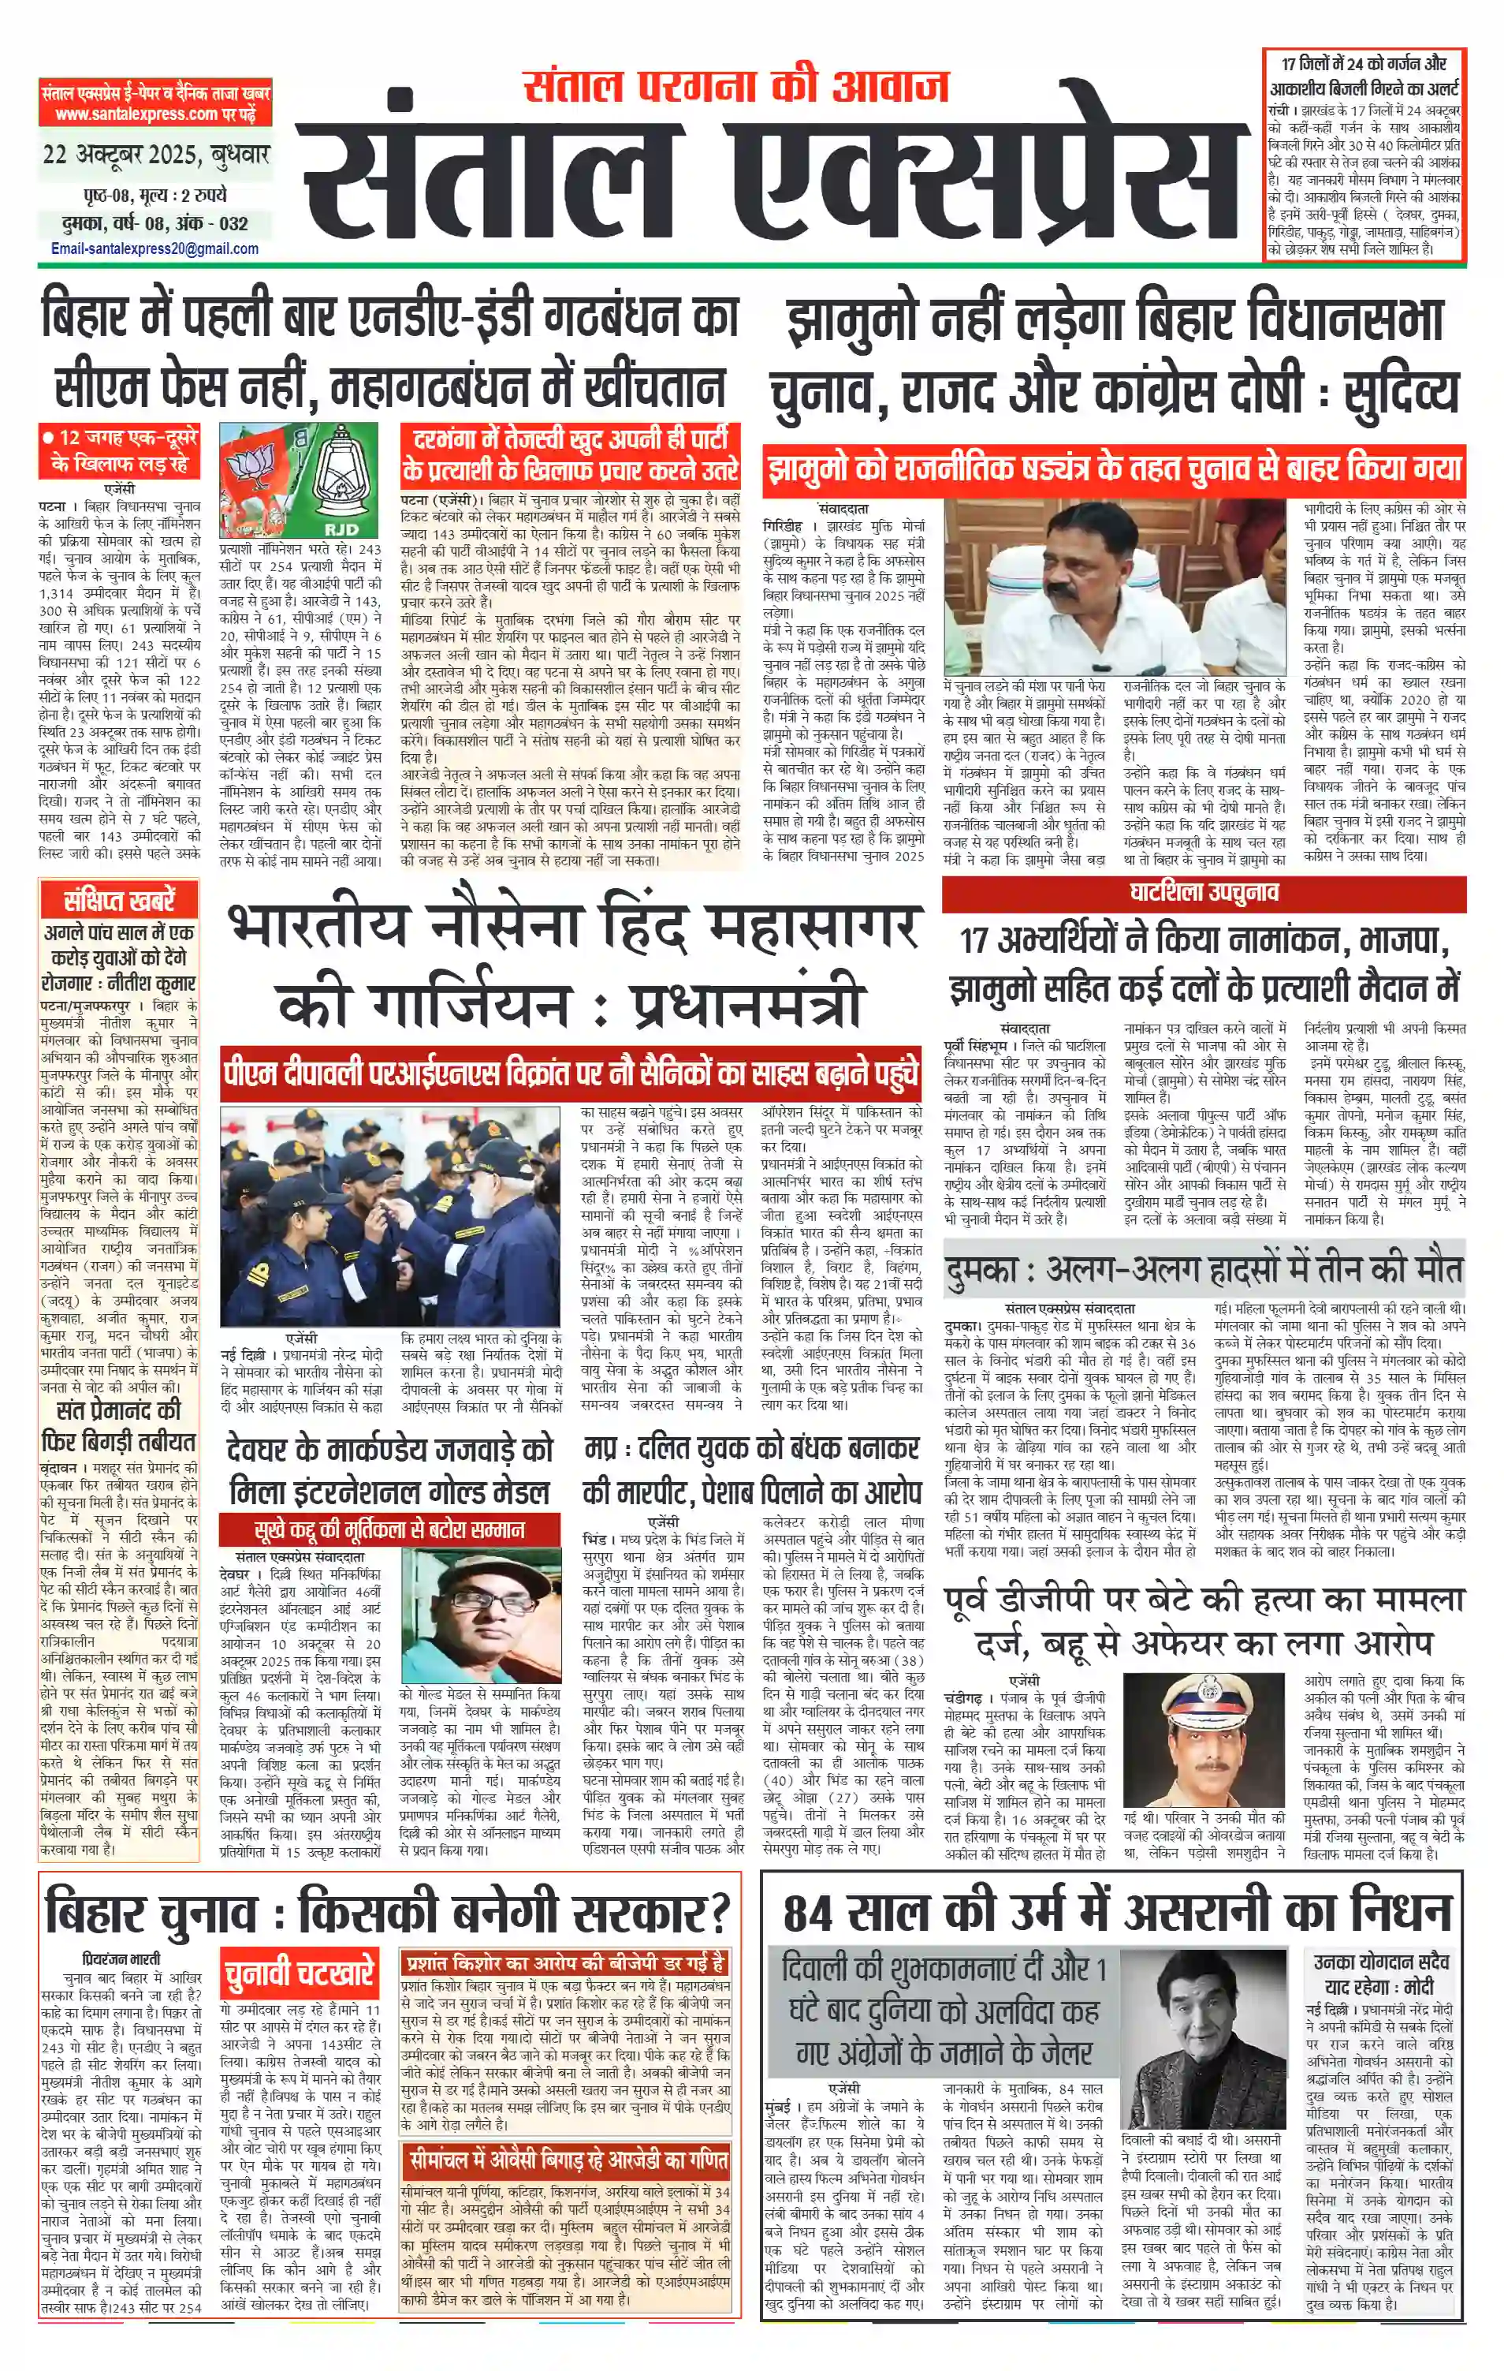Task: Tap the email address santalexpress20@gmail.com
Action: click(154, 249)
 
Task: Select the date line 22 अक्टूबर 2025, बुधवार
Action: click(155, 155)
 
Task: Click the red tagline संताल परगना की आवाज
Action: click(735, 87)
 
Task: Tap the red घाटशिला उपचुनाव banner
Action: click(1203, 893)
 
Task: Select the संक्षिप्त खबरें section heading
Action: click(118, 900)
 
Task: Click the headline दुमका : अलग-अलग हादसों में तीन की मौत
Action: click(1203, 1270)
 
